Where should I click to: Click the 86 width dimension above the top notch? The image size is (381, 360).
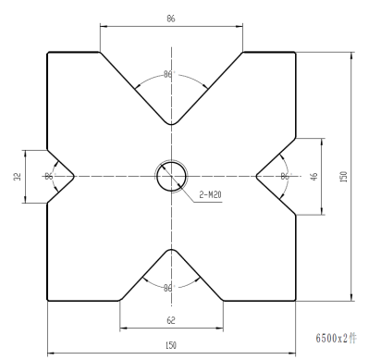171,19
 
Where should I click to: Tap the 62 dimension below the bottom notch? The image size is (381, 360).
171,320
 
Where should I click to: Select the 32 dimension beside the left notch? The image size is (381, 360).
18,177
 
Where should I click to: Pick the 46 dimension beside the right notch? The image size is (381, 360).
313,177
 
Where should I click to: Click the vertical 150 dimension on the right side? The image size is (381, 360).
343,177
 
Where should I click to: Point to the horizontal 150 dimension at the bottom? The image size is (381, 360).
171,345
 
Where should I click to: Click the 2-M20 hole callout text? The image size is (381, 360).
210,194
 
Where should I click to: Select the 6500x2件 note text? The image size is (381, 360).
336,338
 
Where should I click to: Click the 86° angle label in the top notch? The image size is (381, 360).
169,74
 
